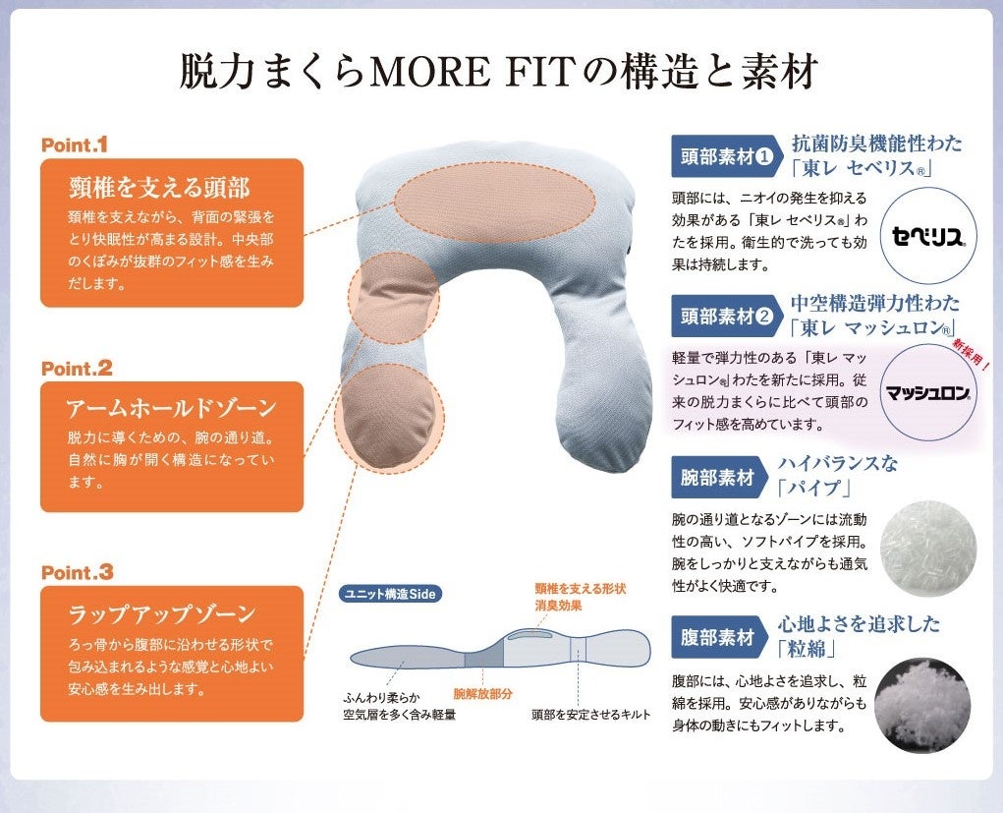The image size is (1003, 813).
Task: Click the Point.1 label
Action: coord(75,145)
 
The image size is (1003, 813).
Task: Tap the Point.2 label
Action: coord(77,369)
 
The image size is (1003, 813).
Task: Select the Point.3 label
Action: coord(78,571)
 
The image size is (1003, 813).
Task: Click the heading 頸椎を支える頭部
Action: coord(159,187)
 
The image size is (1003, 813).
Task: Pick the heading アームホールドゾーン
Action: coord(171,408)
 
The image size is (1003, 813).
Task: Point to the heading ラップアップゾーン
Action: coord(161,615)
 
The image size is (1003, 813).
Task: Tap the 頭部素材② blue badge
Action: coord(726,316)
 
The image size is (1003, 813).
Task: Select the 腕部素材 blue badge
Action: coord(718,478)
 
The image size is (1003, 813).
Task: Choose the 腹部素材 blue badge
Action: coord(718,637)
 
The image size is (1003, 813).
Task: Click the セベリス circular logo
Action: coord(928,236)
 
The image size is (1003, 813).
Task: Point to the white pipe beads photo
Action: coord(927,547)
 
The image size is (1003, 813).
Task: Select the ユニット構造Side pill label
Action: coord(388,594)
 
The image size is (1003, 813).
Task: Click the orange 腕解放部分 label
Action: coord(482,693)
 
